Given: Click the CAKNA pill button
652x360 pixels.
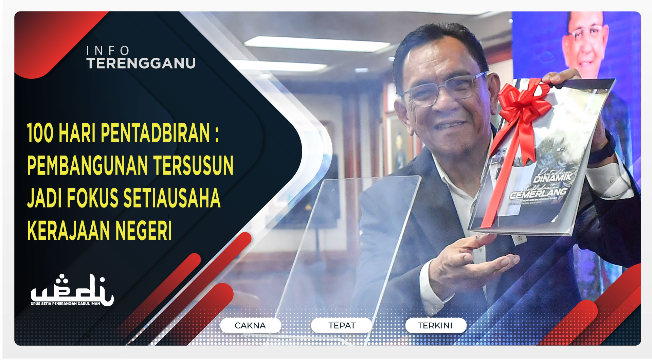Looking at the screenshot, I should (250, 325).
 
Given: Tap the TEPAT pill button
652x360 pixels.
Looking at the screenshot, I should (342, 325).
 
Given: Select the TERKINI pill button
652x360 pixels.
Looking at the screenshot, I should (435, 325).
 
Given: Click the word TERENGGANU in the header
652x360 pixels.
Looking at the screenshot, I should (141, 63).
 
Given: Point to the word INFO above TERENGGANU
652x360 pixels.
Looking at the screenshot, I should (108, 51).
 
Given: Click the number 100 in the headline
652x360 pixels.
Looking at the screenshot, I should (40, 133).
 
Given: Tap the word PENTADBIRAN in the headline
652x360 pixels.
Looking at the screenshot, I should (156, 133).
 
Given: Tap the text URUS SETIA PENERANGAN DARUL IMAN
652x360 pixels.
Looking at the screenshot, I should (65, 304).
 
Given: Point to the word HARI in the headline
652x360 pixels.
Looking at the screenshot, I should (77, 133).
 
